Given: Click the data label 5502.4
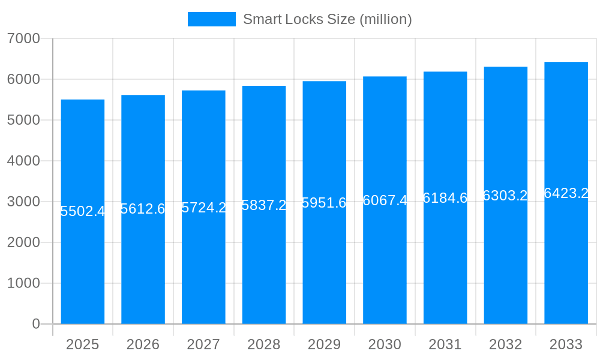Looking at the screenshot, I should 83,211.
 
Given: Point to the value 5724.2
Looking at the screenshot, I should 203,208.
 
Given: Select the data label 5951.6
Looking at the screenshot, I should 324,203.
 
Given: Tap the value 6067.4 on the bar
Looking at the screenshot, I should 385,200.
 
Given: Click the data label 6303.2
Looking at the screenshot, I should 505,196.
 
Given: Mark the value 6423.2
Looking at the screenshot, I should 566,193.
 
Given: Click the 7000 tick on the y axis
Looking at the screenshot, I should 23,38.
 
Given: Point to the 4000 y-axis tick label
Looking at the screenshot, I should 23,161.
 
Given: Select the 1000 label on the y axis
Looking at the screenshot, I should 23,283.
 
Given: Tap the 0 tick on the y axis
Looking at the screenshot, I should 35,324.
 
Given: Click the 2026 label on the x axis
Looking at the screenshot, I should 143,344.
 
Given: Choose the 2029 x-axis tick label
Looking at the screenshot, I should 324,344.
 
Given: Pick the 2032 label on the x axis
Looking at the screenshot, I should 505,344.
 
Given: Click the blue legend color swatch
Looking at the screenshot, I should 211,19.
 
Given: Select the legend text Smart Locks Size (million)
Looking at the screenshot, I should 327,19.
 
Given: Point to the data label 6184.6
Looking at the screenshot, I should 445,198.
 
